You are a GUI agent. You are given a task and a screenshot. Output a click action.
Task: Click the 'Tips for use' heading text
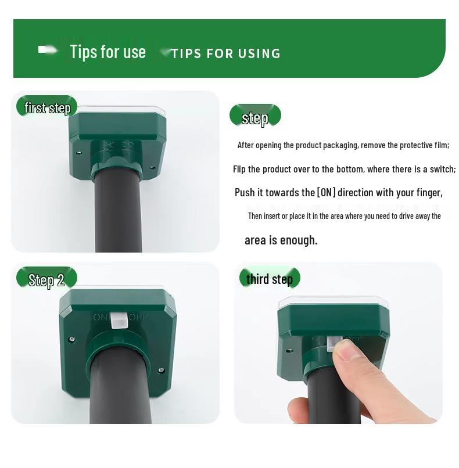[x=107, y=52]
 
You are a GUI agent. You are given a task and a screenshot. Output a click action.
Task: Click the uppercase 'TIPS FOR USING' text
[x=226, y=54]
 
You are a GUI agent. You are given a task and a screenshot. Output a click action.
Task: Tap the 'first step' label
[x=47, y=108]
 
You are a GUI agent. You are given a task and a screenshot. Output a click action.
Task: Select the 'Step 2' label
[x=46, y=280]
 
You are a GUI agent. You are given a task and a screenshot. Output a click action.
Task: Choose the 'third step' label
[x=269, y=279]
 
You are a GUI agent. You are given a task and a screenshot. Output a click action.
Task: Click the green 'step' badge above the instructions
[x=254, y=118]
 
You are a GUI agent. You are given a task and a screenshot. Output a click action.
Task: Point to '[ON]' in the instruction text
[x=326, y=192]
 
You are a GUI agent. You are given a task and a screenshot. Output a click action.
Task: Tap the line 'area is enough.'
[x=281, y=240]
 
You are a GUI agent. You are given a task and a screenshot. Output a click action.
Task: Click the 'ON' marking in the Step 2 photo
[x=100, y=318]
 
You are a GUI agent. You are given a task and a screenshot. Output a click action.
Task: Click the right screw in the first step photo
[x=152, y=167]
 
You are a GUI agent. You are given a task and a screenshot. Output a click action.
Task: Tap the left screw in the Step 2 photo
[x=71, y=339]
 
